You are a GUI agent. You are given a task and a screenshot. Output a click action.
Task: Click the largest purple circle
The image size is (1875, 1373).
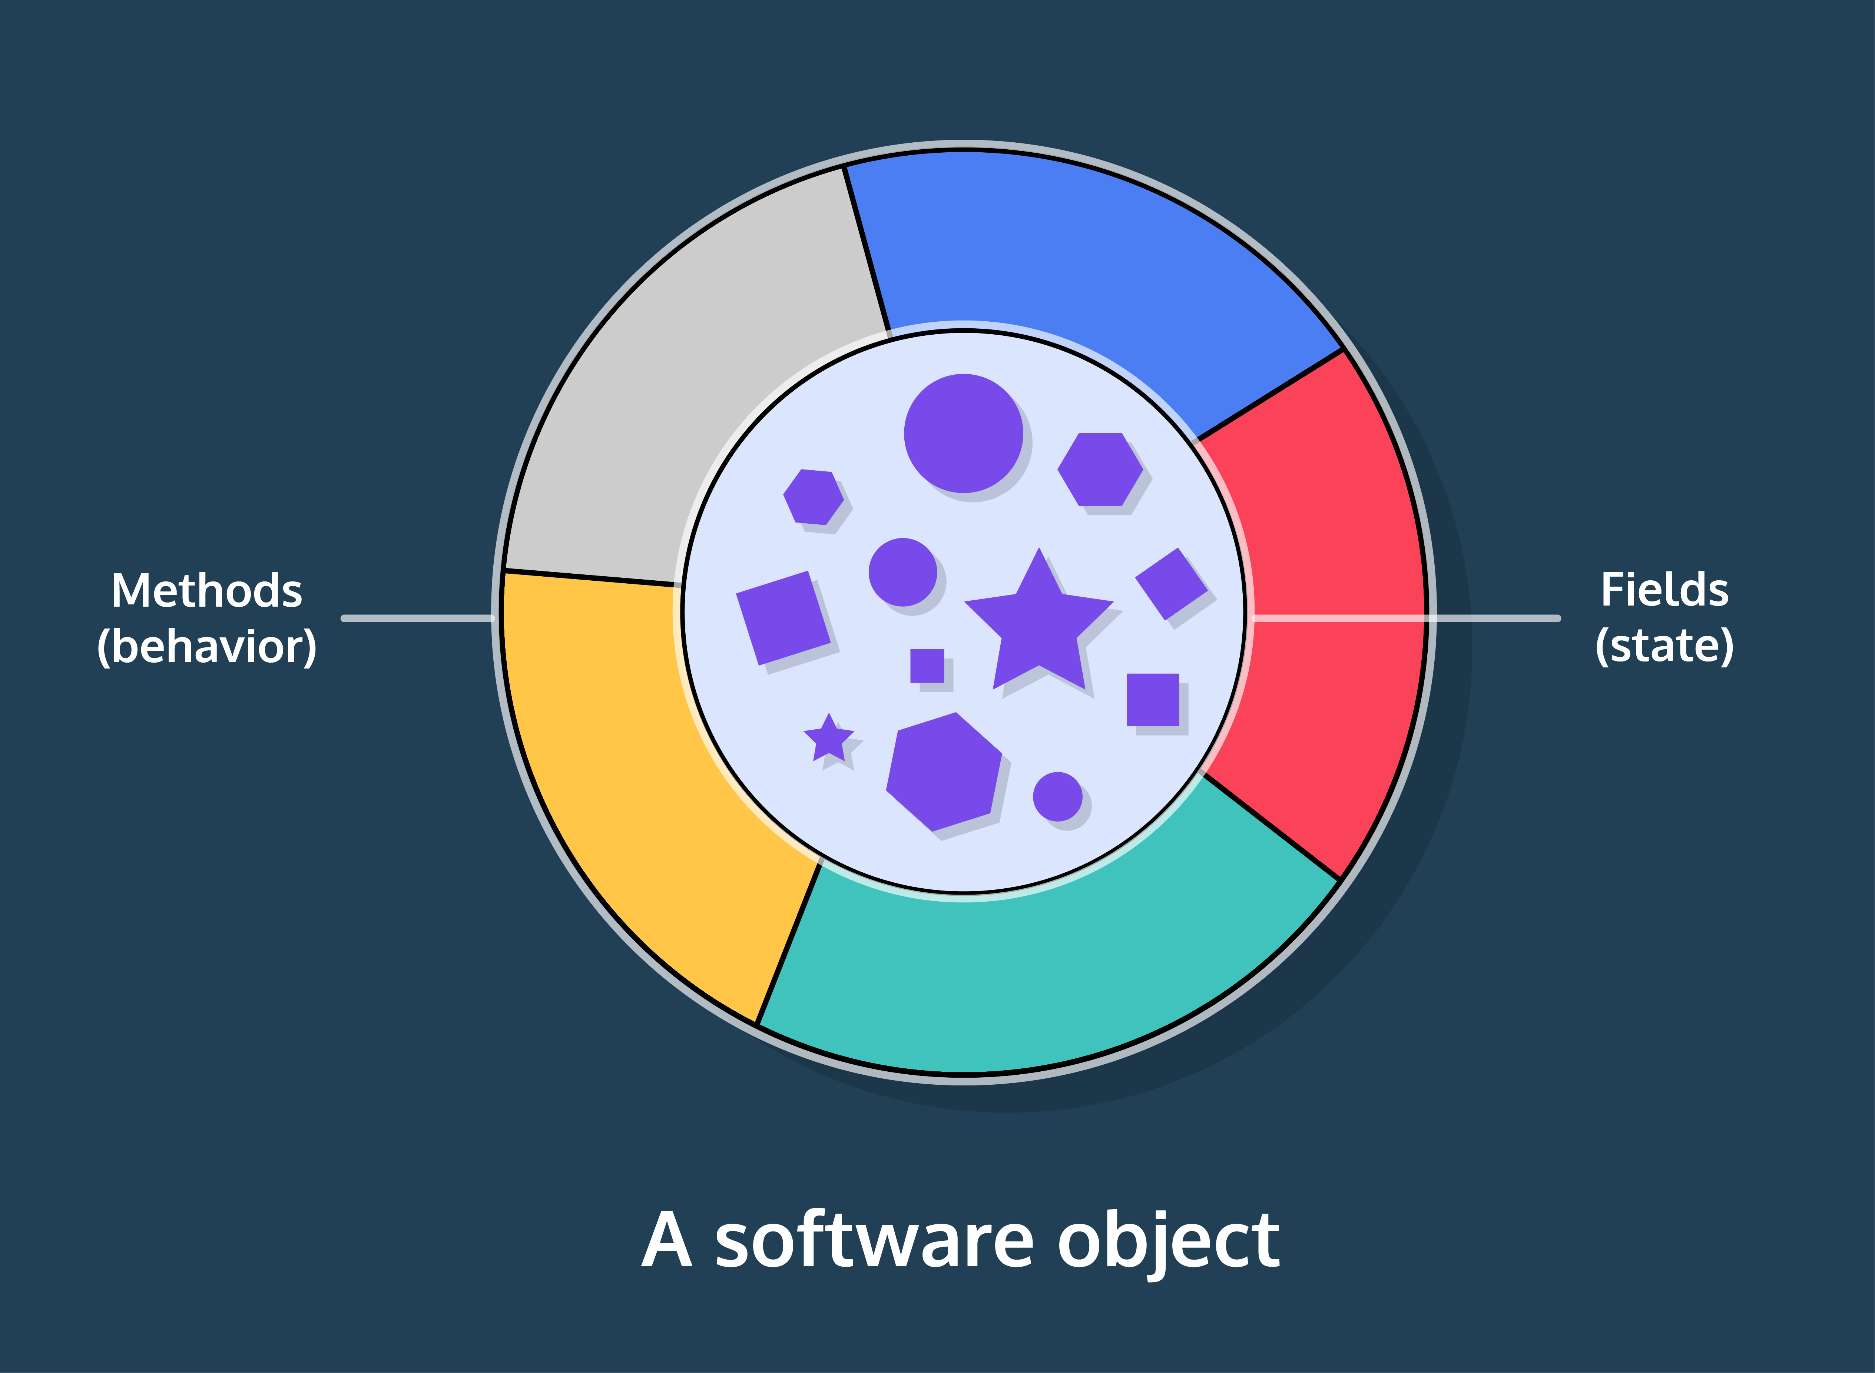pos(963,433)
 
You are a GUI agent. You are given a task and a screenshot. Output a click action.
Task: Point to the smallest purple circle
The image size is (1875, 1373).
pos(1057,796)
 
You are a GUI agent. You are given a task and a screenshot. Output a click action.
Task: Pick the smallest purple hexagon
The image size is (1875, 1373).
pos(814,497)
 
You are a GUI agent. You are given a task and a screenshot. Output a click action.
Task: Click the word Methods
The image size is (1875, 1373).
pos(207,591)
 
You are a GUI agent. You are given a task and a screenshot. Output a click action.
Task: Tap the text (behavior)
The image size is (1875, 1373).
pos(207,647)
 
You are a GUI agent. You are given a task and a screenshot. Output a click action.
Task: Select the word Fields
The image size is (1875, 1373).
pos(1665,590)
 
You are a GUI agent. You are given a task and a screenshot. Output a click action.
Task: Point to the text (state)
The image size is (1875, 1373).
pos(1665,646)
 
